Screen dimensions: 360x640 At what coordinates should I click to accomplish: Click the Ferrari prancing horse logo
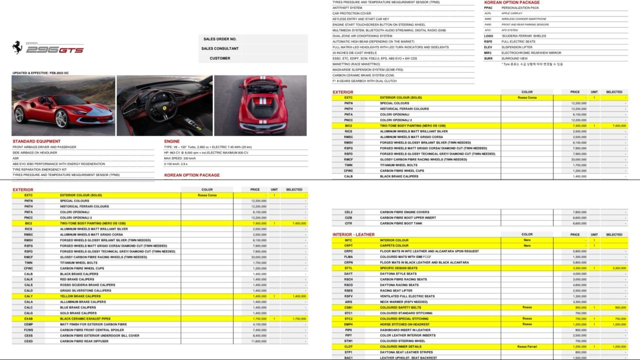click(x=17, y=47)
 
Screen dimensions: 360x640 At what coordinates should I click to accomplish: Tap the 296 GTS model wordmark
click(x=55, y=50)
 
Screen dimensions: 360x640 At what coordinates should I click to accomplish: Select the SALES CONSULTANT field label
click(x=220, y=49)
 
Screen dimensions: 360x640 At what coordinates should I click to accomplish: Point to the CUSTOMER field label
click(x=220, y=58)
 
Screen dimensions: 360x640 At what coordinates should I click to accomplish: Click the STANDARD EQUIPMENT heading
click(x=36, y=141)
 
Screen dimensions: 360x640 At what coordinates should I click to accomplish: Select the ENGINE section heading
click(x=172, y=141)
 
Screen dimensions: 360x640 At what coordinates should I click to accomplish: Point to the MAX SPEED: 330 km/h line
click(x=180, y=158)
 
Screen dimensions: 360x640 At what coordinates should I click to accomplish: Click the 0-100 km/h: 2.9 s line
click(x=176, y=164)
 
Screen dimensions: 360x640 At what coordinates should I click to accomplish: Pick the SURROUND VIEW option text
click(x=514, y=58)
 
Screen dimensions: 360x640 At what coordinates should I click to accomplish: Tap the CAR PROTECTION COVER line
click(x=352, y=13)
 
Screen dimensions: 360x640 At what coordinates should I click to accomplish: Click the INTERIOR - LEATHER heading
click(x=353, y=235)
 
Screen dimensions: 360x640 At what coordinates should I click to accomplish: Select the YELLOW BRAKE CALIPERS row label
click(x=80, y=296)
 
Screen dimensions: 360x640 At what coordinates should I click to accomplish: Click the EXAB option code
click(x=29, y=319)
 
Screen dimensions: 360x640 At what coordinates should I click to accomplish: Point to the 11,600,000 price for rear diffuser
click(x=259, y=341)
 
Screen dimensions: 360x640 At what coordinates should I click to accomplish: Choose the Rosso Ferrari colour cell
click(x=527, y=347)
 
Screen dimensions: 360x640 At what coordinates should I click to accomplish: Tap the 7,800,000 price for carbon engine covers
click(x=579, y=212)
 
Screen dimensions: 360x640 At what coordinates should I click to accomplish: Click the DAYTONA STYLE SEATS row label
click(x=398, y=274)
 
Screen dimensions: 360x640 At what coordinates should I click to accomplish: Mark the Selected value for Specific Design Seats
click(x=619, y=268)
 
